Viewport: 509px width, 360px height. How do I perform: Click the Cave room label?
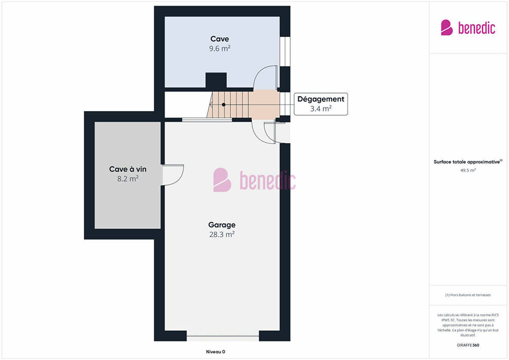(220, 39)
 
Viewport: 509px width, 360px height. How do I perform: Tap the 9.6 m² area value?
(220, 49)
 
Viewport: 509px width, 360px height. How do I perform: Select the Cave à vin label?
(128, 169)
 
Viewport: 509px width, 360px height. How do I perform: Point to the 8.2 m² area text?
(128, 179)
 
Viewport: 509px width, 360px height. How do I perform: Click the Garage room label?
(222, 225)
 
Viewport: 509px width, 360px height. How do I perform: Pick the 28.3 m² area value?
(222, 235)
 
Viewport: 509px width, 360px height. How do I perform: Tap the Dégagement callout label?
(321, 99)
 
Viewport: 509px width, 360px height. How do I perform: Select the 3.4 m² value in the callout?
(321, 109)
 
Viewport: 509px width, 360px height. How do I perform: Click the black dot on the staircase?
(224, 104)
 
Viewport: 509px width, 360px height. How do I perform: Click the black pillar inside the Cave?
(216, 81)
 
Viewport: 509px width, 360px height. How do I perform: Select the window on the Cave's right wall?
(285, 51)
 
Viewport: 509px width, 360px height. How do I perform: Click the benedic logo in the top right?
(468, 28)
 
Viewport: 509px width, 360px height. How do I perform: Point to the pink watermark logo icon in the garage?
(222, 180)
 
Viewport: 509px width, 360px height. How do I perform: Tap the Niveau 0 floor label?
(215, 352)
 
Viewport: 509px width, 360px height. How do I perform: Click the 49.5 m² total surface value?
(468, 170)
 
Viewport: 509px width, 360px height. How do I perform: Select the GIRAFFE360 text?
(468, 345)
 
